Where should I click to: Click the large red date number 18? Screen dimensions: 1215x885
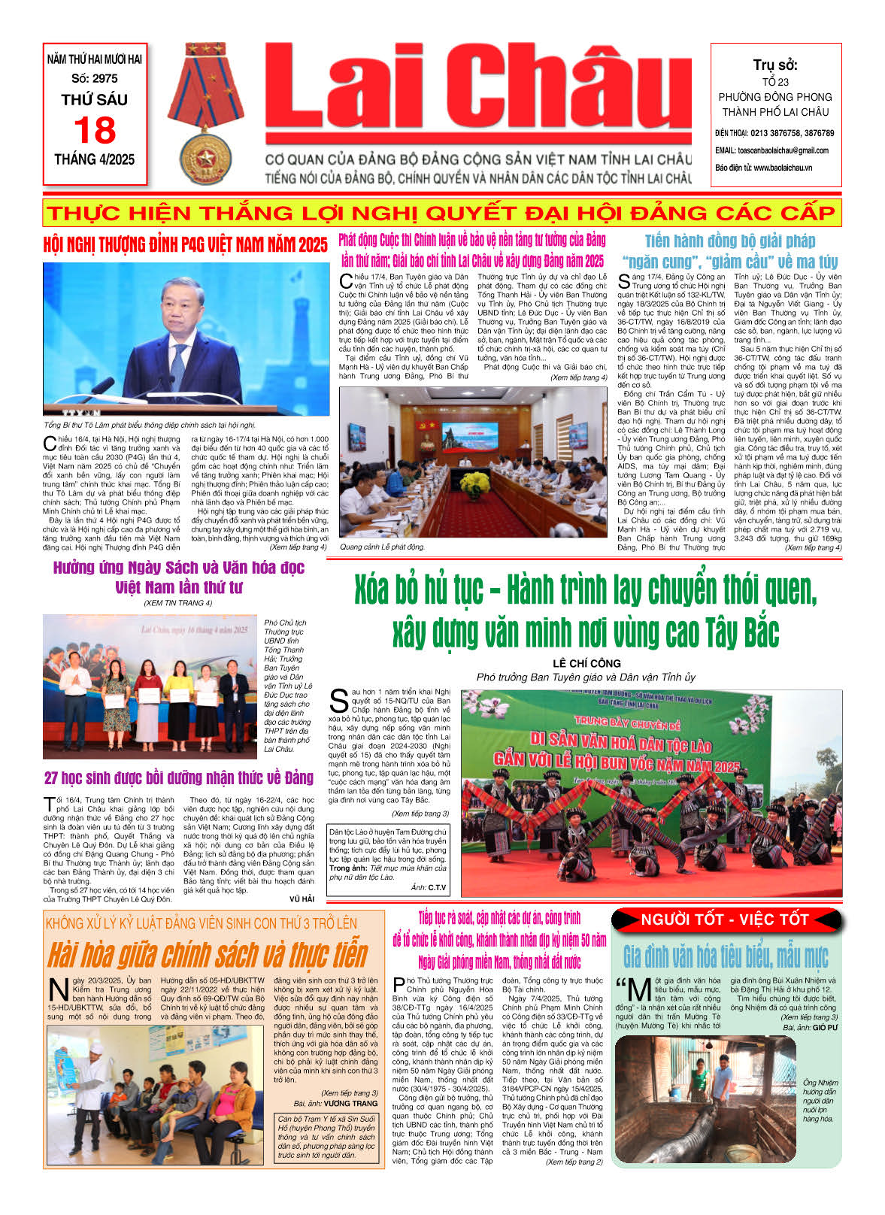click(x=95, y=131)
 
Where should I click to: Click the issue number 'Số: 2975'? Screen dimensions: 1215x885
click(x=95, y=78)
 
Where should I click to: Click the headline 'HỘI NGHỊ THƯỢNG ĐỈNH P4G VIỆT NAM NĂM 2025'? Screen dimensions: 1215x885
click(x=185, y=245)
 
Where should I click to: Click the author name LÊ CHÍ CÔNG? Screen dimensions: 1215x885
click(x=586, y=663)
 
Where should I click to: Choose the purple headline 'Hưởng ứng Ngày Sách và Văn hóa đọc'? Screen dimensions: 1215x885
click(x=178, y=577)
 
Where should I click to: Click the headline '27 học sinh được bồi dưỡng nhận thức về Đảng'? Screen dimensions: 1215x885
click(x=178, y=777)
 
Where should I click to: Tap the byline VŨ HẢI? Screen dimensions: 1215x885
click(x=302, y=899)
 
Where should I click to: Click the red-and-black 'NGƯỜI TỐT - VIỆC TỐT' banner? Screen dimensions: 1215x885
click(x=724, y=920)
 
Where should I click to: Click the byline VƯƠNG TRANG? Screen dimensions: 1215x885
click(x=350, y=1104)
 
